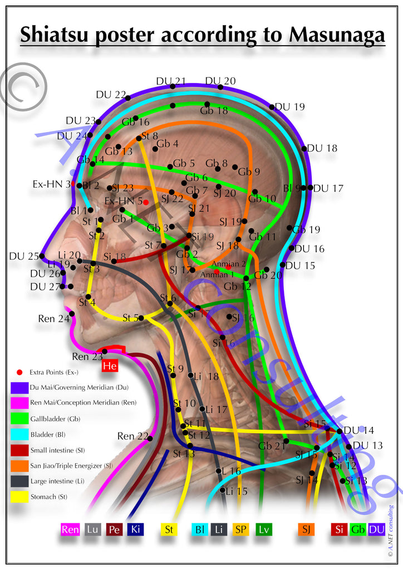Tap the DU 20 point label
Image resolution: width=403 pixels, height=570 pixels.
220,81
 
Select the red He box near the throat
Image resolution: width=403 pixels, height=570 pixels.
110,366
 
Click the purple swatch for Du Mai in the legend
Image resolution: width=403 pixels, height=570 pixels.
19,387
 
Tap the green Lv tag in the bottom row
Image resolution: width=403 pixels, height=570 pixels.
264,529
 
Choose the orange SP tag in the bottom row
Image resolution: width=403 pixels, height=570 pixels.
241,529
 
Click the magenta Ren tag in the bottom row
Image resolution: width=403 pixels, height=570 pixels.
70,529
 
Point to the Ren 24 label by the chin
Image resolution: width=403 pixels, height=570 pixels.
54,319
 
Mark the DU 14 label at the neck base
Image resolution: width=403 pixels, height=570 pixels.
358,430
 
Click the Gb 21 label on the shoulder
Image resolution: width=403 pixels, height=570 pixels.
269,446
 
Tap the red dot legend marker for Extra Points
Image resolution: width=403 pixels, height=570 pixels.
19,371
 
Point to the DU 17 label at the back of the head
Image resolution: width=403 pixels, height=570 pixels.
328,188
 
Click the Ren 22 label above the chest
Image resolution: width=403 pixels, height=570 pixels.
133,436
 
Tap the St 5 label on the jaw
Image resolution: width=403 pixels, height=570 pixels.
130,318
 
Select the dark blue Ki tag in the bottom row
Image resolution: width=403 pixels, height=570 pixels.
135,529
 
